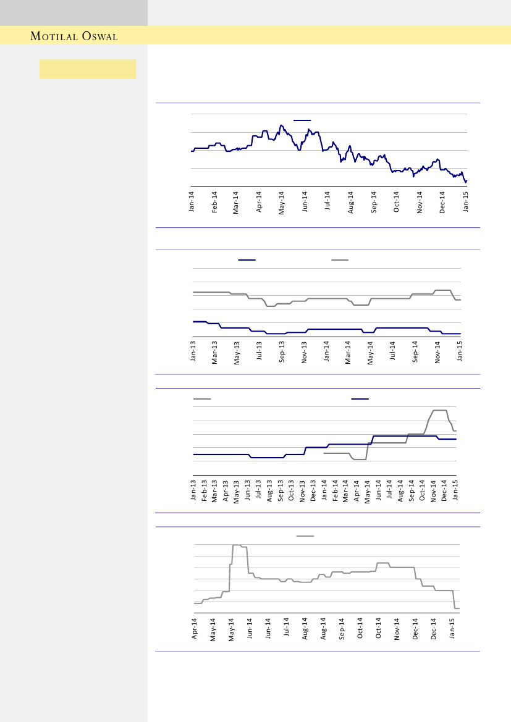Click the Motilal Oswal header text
tap(74, 36)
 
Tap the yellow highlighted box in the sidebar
tap(88, 69)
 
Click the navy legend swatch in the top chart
tap(302, 120)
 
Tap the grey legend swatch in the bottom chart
tap(305, 536)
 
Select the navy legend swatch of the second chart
tap(247, 260)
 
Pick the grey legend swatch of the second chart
tap(340, 260)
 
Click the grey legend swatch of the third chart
tap(202, 400)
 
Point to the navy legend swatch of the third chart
tap(360, 400)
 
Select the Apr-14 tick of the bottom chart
tap(195, 629)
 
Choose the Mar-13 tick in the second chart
tap(215, 353)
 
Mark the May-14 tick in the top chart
tap(282, 201)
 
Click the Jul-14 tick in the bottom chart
tap(287, 629)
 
